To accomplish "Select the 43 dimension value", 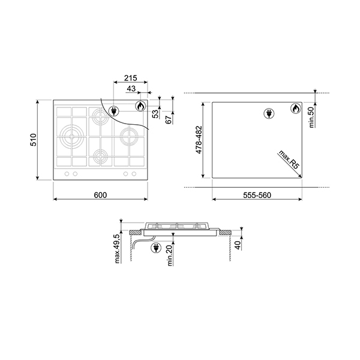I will point(131,89).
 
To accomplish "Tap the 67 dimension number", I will point(169,119).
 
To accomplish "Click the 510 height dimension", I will point(35,140).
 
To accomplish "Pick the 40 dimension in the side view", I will point(238,245).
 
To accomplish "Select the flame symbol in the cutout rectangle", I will point(296,109).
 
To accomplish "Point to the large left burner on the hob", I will point(72,137).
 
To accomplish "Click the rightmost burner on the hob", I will point(127,137).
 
